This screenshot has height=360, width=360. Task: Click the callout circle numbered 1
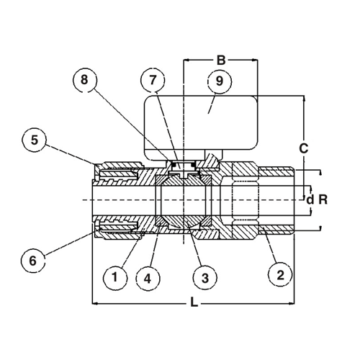click(115, 278)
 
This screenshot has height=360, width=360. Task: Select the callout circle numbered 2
click(280, 275)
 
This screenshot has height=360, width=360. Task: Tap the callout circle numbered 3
click(205, 278)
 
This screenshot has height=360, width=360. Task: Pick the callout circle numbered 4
click(148, 279)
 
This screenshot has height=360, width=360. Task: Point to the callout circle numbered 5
click(35, 140)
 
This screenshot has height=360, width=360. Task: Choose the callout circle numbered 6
click(33, 261)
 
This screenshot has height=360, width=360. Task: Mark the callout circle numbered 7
click(153, 81)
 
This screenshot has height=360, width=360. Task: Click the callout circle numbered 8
click(84, 80)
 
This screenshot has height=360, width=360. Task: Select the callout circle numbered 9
click(220, 81)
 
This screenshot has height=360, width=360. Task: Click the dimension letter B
click(221, 60)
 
